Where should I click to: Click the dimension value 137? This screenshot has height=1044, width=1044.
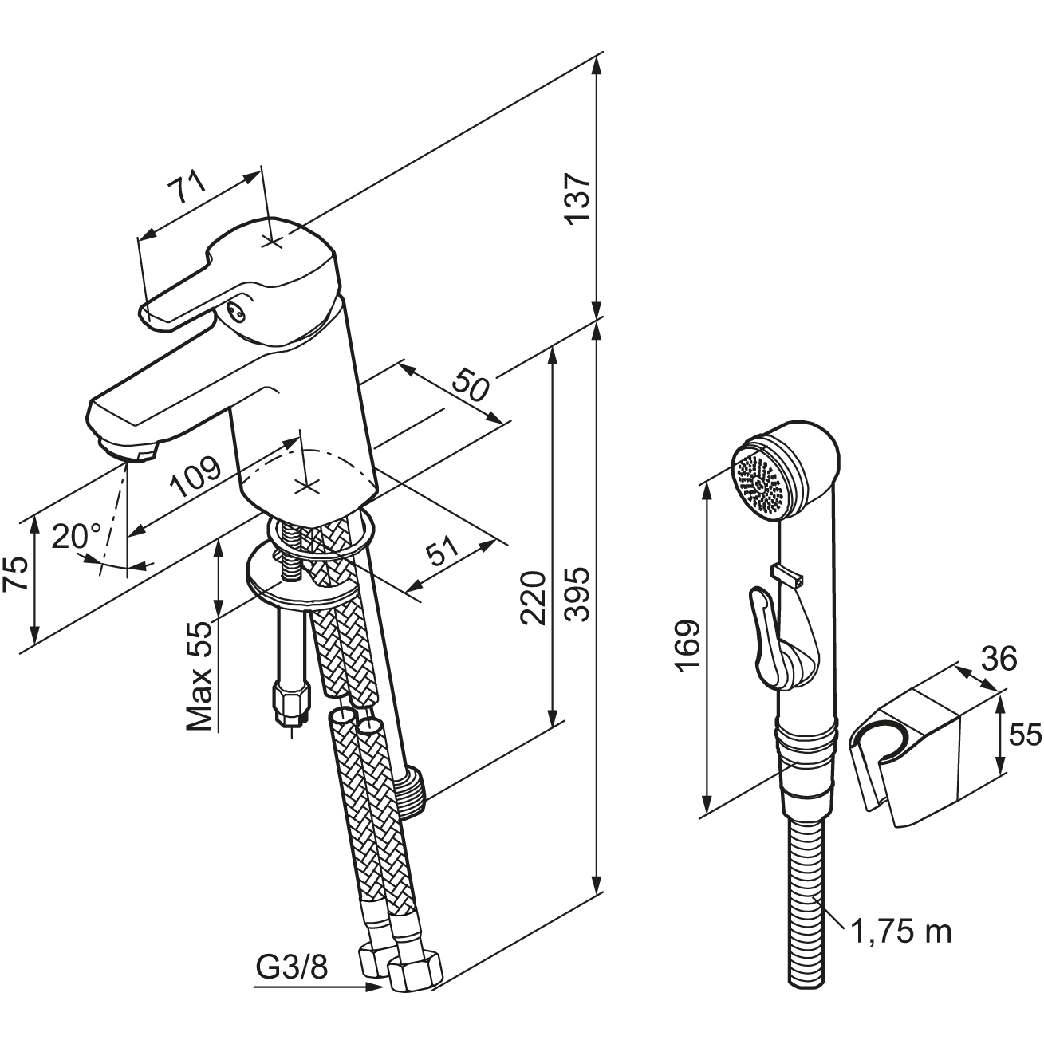pyautogui.click(x=578, y=198)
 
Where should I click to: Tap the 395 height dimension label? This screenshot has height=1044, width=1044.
pyautogui.click(x=578, y=593)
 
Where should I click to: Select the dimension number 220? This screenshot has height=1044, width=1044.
pyautogui.click(x=534, y=598)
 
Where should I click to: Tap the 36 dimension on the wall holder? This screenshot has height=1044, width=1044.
pyautogui.click(x=998, y=659)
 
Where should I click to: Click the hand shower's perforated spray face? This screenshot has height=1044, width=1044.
pyautogui.click(x=757, y=482)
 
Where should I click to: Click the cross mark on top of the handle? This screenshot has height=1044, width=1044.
pyautogui.click(x=273, y=241)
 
